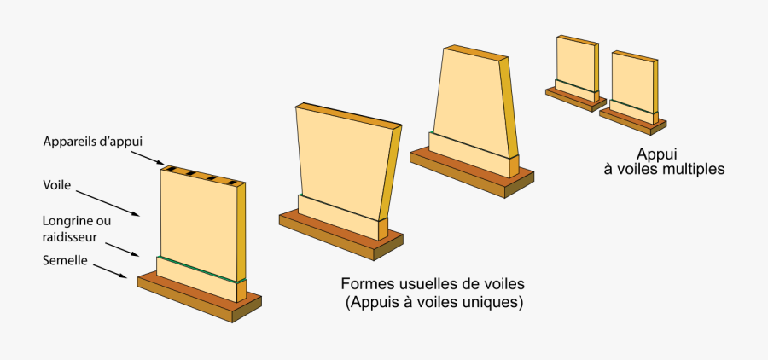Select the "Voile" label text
click(57, 183)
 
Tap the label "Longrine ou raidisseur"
click(76, 228)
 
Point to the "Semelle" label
click(65, 261)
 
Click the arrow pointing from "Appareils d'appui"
click(148, 158)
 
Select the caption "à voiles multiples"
click(664, 169)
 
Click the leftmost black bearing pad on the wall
click(171, 169)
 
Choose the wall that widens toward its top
click(341, 162)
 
